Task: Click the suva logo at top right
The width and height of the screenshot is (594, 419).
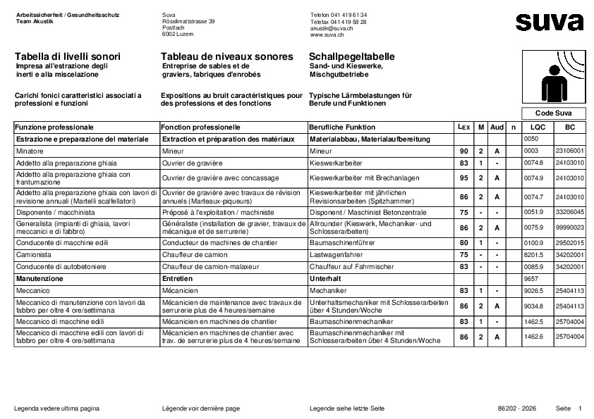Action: (x=549, y=22)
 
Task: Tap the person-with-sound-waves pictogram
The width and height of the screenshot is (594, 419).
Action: (x=555, y=77)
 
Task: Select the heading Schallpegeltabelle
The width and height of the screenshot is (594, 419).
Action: (x=351, y=56)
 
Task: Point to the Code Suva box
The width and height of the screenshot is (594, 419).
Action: (x=553, y=113)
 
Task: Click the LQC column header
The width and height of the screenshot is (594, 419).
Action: (x=538, y=127)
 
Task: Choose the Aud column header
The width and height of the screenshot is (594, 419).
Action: (x=497, y=127)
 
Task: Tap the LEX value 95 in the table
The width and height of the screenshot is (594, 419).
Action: (x=463, y=178)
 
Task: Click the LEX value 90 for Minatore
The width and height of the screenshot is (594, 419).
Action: (x=463, y=151)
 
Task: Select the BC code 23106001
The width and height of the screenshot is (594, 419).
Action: (x=570, y=151)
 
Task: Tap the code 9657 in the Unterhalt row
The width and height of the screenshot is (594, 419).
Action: (x=531, y=279)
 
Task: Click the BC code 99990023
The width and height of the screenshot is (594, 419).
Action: (x=570, y=228)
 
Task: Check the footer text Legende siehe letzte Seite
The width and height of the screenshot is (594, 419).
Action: (x=346, y=408)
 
